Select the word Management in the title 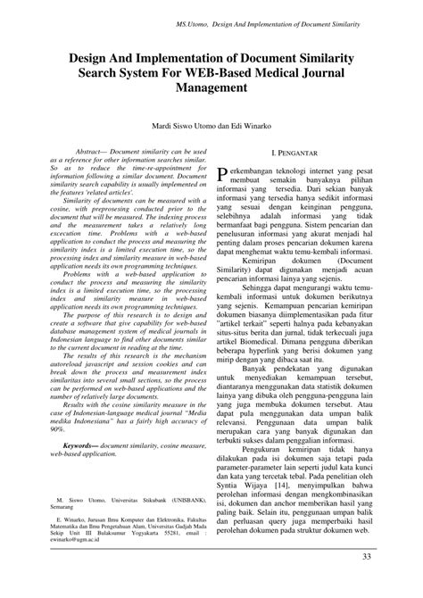(211, 88)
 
